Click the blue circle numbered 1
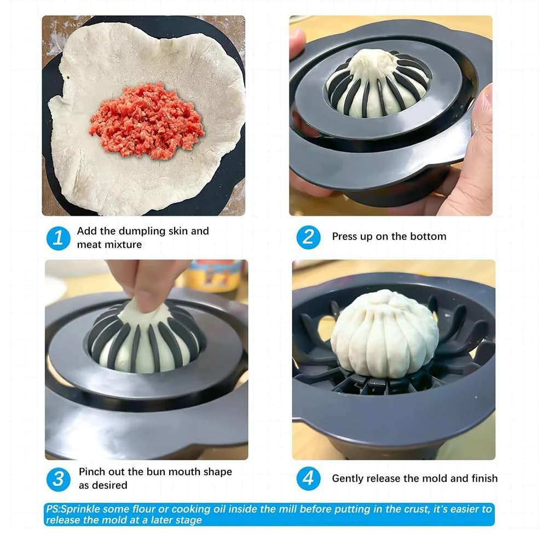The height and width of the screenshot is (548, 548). point(58,238)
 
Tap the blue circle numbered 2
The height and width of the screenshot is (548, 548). point(308,236)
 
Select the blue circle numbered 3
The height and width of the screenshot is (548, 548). point(58,479)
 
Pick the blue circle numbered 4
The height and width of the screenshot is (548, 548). point(308,479)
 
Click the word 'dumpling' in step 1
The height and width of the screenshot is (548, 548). point(135,231)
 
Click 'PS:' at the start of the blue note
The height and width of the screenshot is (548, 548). point(53,510)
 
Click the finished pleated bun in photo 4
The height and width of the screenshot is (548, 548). point(385,334)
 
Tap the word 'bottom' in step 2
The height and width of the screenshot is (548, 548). point(430,236)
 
